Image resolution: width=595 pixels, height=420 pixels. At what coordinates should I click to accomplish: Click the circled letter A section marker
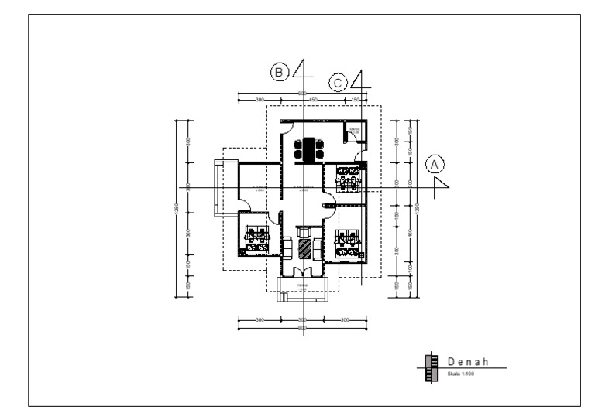[x=435, y=165]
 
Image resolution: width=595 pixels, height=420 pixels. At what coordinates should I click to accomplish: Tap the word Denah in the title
[x=467, y=361]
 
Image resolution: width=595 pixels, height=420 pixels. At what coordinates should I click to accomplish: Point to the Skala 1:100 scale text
[x=459, y=373]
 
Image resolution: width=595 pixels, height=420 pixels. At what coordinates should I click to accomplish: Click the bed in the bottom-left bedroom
[x=253, y=237]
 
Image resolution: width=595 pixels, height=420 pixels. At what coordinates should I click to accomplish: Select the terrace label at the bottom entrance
[x=303, y=286]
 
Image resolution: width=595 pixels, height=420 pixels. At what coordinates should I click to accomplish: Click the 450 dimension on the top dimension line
[x=314, y=100]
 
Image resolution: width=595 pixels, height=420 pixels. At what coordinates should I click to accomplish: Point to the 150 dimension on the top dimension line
[x=356, y=100]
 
